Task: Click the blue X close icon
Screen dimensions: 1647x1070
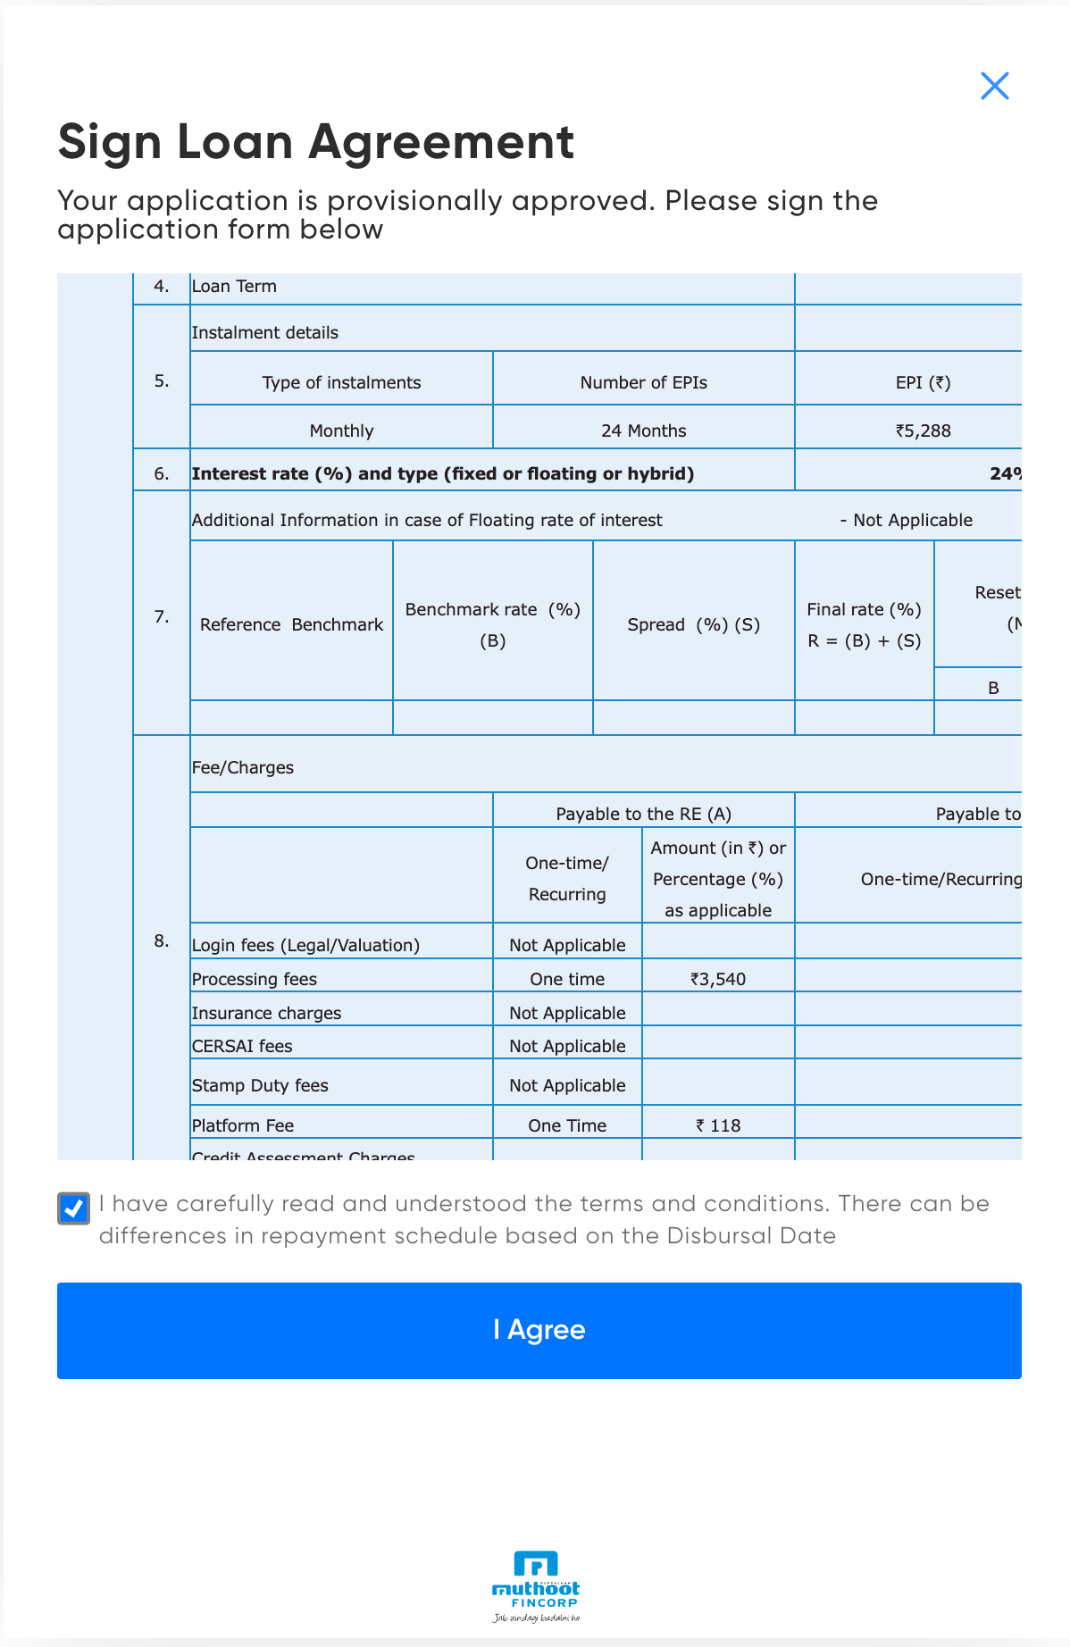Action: click(994, 86)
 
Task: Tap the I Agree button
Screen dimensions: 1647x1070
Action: click(539, 1330)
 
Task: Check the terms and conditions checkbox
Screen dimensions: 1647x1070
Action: click(73, 1208)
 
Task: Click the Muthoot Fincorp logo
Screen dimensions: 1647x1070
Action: click(536, 1586)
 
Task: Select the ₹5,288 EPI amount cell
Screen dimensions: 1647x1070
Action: click(923, 431)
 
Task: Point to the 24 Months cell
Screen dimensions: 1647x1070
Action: click(643, 431)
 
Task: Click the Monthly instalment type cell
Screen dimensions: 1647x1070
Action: click(341, 431)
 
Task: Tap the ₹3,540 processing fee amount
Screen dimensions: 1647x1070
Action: click(717, 979)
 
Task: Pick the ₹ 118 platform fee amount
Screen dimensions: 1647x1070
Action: click(718, 1125)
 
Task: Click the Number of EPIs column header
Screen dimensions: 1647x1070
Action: click(643, 382)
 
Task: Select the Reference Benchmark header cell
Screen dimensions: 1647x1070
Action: click(291, 624)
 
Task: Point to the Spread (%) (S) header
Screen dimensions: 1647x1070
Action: click(693, 624)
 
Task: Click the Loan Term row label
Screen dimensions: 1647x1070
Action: click(234, 286)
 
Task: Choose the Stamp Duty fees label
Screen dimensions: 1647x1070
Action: click(260, 1085)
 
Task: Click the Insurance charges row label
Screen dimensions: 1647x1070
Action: click(266, 1013)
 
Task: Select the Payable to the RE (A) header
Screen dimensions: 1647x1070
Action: click(643, 814)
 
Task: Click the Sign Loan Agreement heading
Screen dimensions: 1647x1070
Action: click(316, 142)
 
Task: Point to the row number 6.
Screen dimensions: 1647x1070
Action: click(162, 473)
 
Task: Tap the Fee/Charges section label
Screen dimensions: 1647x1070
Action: click(243, 767)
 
